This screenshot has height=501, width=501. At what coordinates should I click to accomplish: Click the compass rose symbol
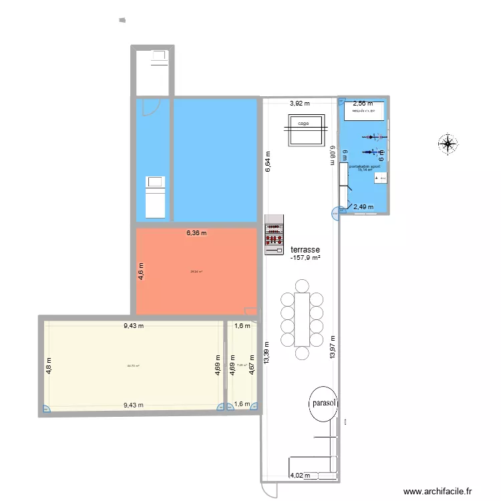[448, 143]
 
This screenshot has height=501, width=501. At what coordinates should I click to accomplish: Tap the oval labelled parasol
[323, 404]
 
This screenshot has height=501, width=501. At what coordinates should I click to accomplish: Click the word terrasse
[305, 248]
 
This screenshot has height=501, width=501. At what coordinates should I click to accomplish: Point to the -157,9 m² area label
[306, 257]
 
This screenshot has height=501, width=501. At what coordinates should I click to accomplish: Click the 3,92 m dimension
[299, 104]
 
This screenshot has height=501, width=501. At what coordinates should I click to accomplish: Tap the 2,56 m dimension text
[363, 104]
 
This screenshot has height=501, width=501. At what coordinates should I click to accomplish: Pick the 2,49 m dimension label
[364, 207]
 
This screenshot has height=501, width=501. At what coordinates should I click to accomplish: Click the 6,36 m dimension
[196, 233]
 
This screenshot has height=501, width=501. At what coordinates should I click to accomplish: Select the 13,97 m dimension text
[333, 348]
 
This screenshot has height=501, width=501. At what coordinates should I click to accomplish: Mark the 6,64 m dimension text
[267, 162]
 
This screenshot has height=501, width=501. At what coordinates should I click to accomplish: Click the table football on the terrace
[274, 234]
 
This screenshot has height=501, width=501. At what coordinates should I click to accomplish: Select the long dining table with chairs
[302, 318]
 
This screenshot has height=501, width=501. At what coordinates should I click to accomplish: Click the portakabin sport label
[365, 166]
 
